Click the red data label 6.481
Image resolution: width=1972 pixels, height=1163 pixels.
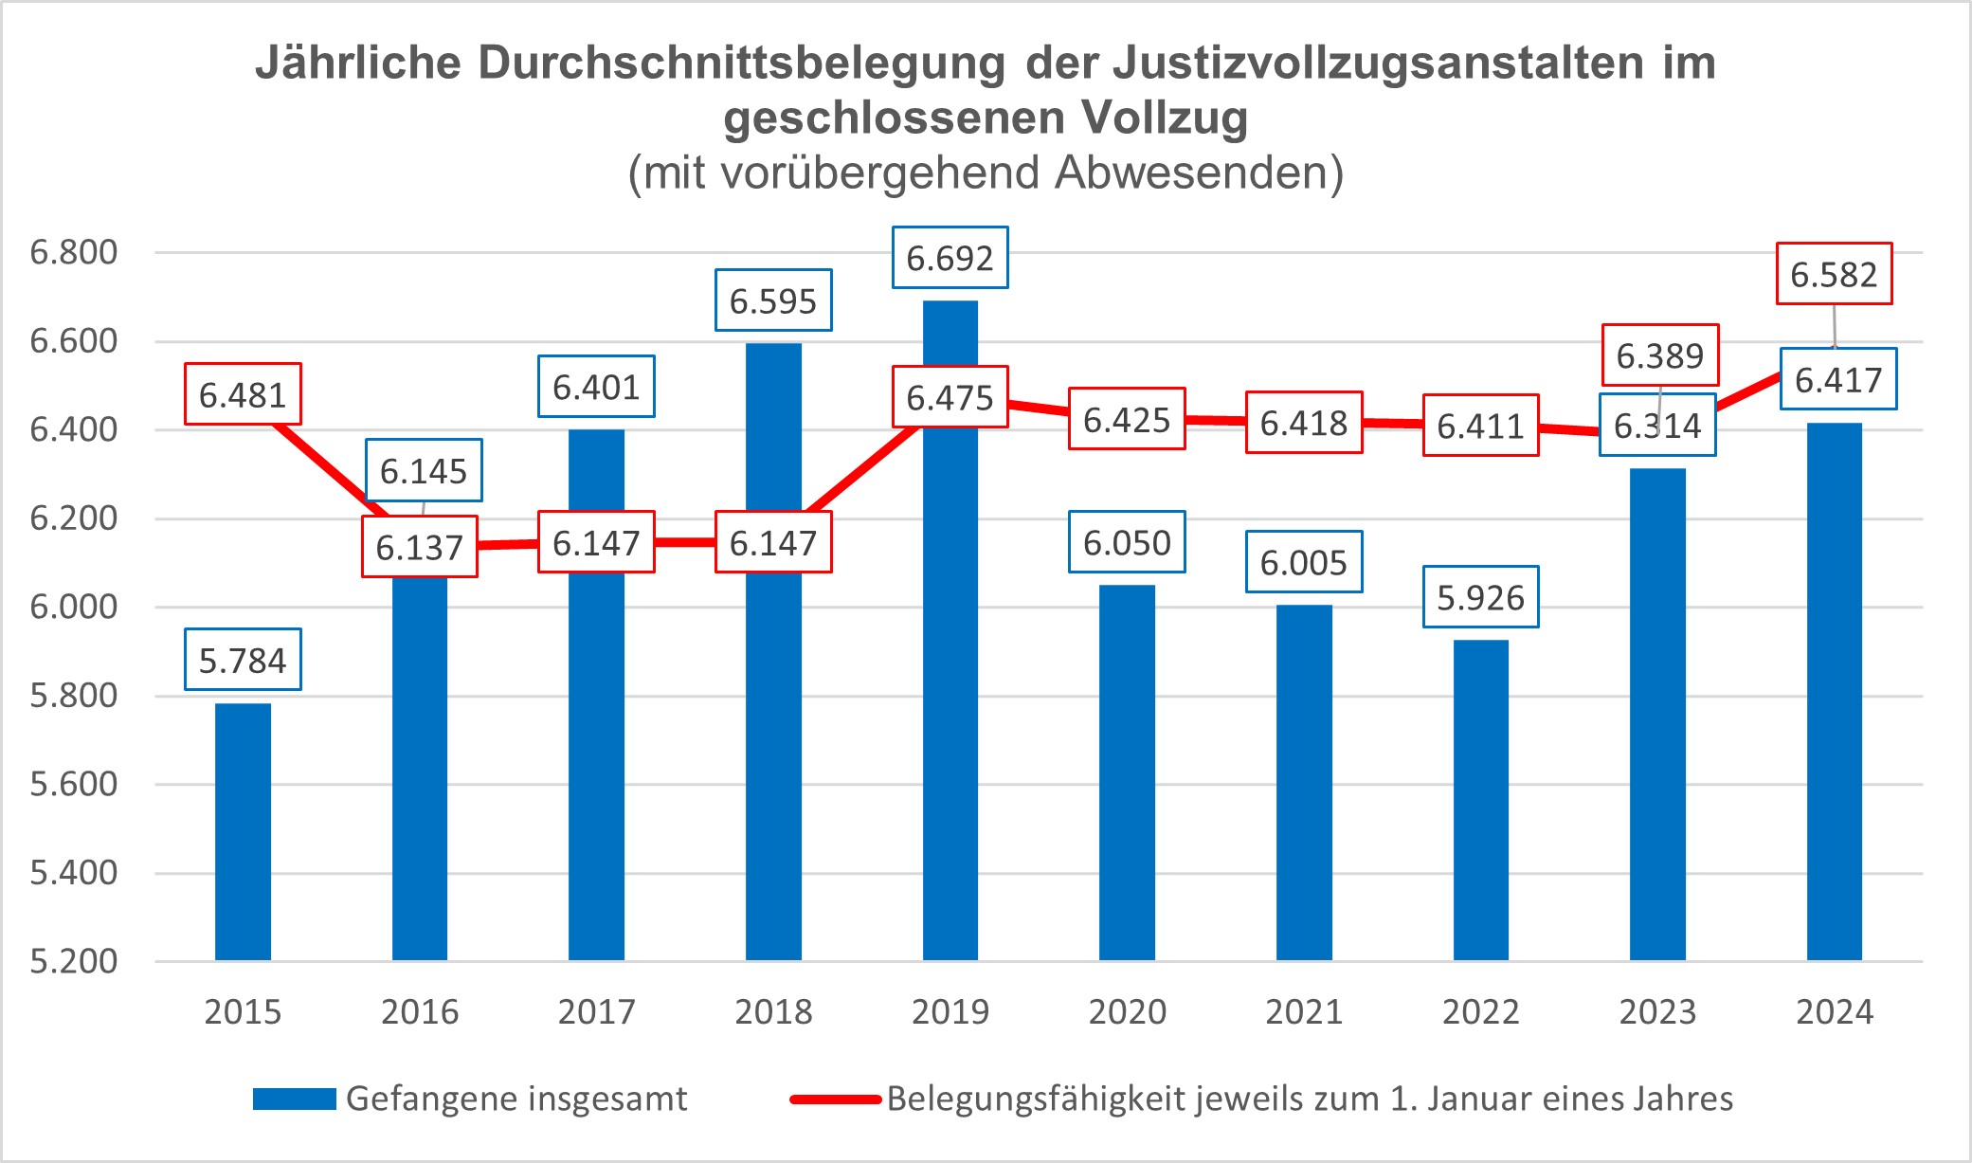click(x=243, y=394)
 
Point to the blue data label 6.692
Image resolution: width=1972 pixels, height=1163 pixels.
click(x=950, y=258)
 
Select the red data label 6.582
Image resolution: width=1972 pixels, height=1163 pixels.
click(x=1834, y=274)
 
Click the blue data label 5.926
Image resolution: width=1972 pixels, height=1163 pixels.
click(x=1480, y=597)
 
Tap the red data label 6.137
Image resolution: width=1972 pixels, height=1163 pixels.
click(x=419, y=547)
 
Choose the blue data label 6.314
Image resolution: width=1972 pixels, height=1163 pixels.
click(x=1657, y=426)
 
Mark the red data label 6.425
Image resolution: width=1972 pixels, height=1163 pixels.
click(x=1127, y=419)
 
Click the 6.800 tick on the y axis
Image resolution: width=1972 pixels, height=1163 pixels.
click(x=74, y=252)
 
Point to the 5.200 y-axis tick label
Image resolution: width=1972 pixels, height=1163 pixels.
click(x=74, y=961)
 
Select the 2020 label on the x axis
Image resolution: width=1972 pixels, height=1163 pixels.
click(x=1127, y=1012)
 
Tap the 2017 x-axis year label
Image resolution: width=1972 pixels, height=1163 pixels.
click(x=596, y=1012)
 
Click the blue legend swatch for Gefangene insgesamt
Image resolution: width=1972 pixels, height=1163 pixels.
click(x=294, y=1099)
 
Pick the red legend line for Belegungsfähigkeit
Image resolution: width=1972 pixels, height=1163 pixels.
click(x=836, y=1099)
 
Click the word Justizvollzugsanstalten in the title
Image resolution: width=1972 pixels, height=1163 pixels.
click(x=1379, y=64)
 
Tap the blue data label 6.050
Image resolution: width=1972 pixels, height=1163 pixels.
click(x=1127, y=542)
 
